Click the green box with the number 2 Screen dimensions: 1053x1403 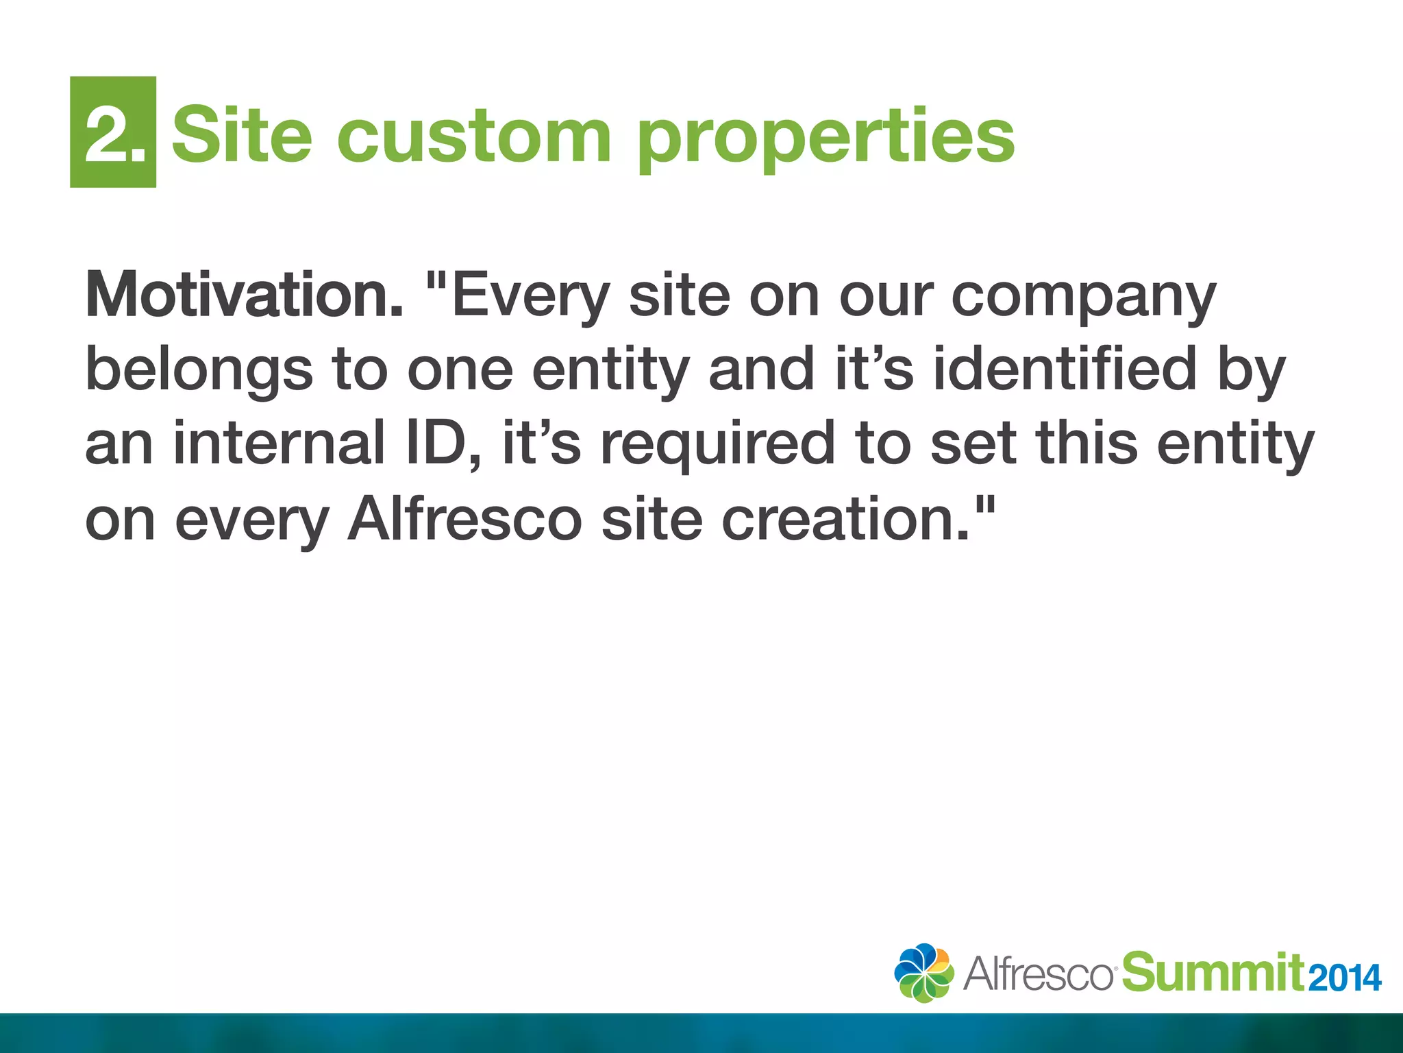pyautogui.click(x=113, y=132)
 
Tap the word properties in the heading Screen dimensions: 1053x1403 pyautogui.click(x=825, y=140)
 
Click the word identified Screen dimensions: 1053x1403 pyautogui.click(x=1066, y=369)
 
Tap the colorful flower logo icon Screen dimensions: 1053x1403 pyautogui.click(x=923, y=973)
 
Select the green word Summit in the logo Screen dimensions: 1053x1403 pyautogui.click(x=1213, y=972)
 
